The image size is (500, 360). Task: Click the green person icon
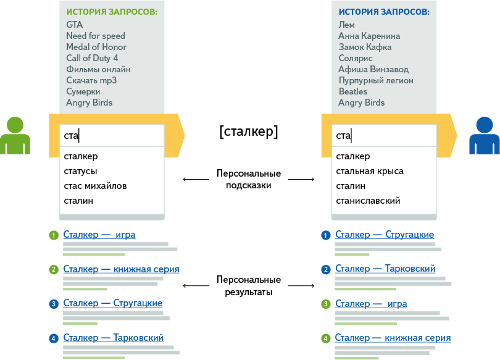pyautogui.click(x=15, y=135)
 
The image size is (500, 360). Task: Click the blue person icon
pyautogui.click(x=484, y=135)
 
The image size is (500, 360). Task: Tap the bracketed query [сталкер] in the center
pyautogui.click(x=248, y=131)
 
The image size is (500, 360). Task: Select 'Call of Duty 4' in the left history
pyautogui.click(x=92, y=58)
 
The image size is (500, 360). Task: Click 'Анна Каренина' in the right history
pyautogui.click(x=369, y=36)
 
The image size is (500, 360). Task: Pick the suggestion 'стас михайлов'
pyautogui.click(x=95, y=186)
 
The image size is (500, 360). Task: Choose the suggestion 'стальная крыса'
pyautogui.click(x=369, y=171)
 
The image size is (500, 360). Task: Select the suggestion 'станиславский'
pyautogui.click(x=368, y=201)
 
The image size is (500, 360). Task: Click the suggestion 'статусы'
pyautogui.click(x=80, y=171)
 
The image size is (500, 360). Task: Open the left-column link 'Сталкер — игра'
pyautogui.click(x=99, y=235)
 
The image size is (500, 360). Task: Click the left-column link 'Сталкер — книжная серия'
pyautogui.click(x=121, y=269)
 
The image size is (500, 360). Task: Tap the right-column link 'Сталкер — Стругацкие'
pyautogui.click(x=384, y=235)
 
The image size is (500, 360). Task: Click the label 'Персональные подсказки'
pyautogui.click(x=248, y=179)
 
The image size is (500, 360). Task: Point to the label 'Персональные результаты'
pyautogui.click(x=248, y=285)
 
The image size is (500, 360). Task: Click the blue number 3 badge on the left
pyautogui.click(x=54, y=304)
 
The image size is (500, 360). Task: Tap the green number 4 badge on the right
pyautogui.click(x=325, y=338)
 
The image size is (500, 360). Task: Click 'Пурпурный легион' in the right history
pyautogui.click(x=375, y=80)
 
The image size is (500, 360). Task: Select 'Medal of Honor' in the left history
pyautogui.click(x=96, y=47)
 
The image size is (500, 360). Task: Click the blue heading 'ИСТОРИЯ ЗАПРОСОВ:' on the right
pyautogui.click(x=384, y=12)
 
